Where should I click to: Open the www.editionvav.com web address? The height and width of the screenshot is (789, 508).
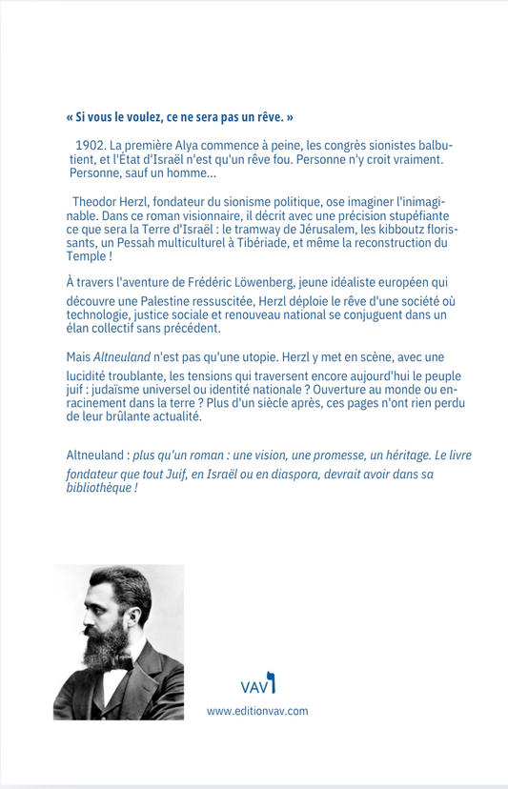257,711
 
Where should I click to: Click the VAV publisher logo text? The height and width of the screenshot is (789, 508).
253,686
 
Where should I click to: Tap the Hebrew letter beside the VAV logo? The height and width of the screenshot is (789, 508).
272,682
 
